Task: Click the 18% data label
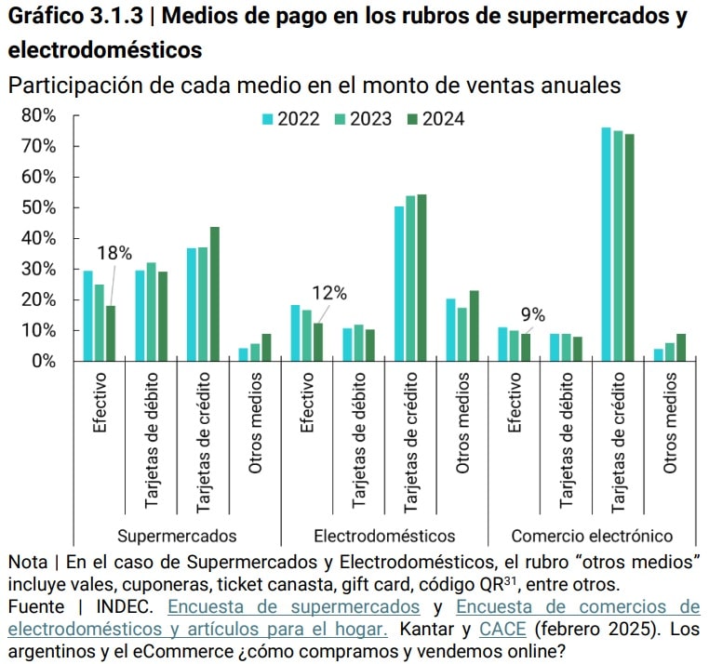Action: point(115,253)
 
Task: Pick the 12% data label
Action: point(328,293)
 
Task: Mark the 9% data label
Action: point(532,313)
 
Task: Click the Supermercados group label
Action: point(177,536)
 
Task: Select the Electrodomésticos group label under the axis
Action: point(384,536)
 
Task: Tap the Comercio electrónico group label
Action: point(592,536)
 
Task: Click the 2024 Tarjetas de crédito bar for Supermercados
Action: point(214,294)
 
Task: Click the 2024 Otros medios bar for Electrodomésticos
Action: point(474,325)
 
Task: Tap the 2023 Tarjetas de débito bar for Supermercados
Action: point(151,312)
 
